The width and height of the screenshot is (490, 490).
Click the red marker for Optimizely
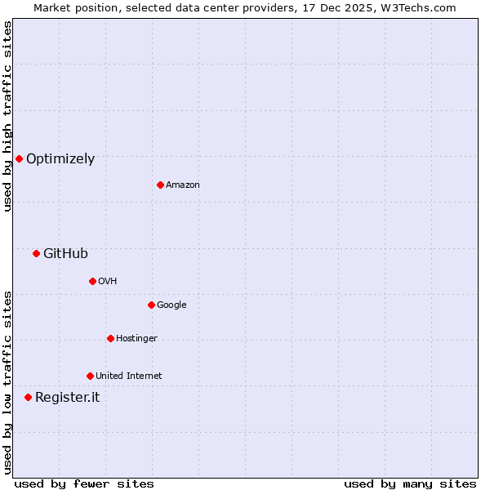(x=19, y=158)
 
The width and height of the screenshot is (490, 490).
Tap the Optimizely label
(x=60, y=159)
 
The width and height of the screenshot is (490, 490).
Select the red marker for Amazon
(x=160, y=185)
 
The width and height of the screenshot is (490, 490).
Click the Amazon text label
(x=183, y=185)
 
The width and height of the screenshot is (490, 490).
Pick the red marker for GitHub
(x=36, y=253)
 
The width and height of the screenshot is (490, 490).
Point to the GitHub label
(x=65, y=254)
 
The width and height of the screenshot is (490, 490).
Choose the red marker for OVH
(x=92, y=281)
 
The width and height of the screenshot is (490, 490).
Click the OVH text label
(x=108, y=282)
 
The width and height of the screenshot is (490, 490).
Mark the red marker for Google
(x=151, y=305)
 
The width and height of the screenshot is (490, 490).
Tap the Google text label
(x=171, y=305)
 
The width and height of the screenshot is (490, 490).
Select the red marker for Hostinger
(x=110, y=338)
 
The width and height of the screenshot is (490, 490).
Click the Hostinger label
(x=136, y=339)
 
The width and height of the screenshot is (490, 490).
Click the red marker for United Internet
(x=90, y=376)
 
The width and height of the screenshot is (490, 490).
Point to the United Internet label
(x=129, y=376)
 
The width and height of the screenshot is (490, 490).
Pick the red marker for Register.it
(x=28, y=397)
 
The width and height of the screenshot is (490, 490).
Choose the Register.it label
(x=67, y=398)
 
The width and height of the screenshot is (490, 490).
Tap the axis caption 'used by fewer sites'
(x=84, y=483)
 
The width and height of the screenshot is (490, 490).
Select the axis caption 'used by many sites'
(x=410, y=483)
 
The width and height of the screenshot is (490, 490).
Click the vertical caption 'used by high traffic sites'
(x=7, y=116)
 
